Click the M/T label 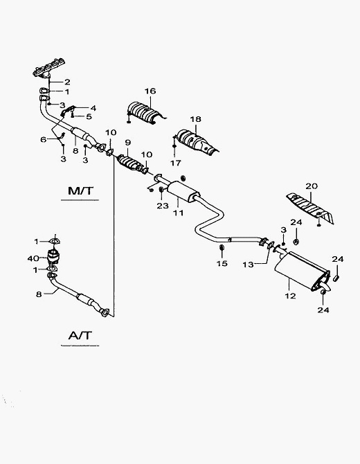click(x=80, y=190)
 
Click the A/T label click(x=80, y=336)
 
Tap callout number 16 click(x=150, y=91)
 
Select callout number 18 click(x=195, y=119)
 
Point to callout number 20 click(x=312, y=186)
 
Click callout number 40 click(x=33, y=258)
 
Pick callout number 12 click(x=290, y=296)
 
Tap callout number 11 click(x=179, y=213)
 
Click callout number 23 click(x=163, y=206)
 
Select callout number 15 click(x=222, y=263)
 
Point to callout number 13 click(x=248, y=265)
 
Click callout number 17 click(x=176, y=163)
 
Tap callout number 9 click(x=127, y=143)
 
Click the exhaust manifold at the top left click(x=49, y=69)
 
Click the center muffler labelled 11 click(x=183, y=191)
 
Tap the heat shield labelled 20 click(x=311, y=208)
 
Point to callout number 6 click(x=44, y=139)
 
